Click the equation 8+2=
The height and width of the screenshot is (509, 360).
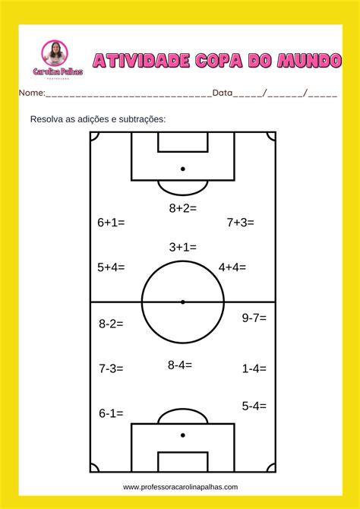click(183, 208)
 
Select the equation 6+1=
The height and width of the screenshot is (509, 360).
click(111, 223)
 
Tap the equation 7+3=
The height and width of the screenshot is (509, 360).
click(240, 223)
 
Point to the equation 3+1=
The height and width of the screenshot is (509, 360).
click(183, 248)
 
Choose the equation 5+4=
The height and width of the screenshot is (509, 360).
click(111, 267)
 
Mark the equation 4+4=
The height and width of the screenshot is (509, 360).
click(232, 267)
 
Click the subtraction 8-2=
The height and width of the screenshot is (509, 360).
click(111, 324)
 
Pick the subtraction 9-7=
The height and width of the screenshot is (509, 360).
click(254, 318)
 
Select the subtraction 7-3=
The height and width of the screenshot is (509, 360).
click(111, 368)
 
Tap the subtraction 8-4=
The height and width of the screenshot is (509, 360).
click(180, 365)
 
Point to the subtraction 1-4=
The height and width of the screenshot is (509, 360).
click(254, 368)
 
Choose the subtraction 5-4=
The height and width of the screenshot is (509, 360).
click(254, 406)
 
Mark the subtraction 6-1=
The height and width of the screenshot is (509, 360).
click(111, 413)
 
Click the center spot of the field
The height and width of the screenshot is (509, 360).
click(183, 302)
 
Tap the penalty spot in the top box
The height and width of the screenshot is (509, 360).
click(183, 169)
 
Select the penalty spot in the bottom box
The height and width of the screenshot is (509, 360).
click(183, 435)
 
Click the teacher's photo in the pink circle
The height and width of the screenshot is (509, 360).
click(55, 53)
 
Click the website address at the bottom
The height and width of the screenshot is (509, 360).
click(180, 487)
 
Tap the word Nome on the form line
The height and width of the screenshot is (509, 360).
click(32, 93)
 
